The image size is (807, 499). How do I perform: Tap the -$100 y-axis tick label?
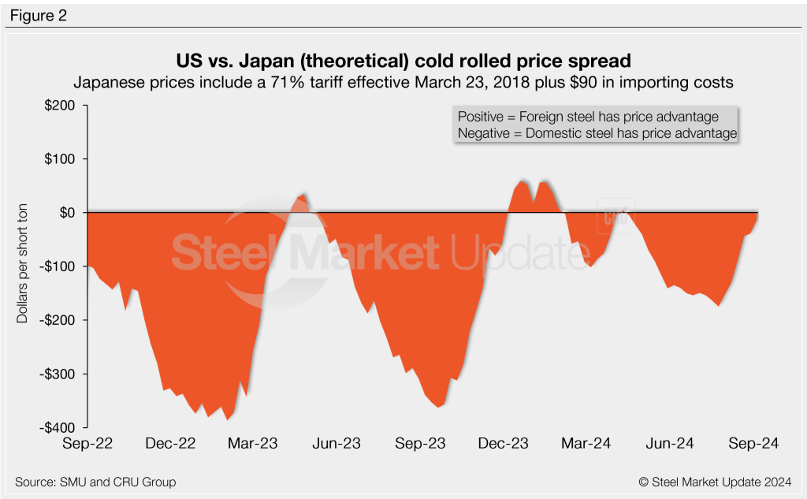point(64,266)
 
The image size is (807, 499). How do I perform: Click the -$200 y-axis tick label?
point(64,320)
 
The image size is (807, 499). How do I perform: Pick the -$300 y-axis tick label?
point(64,374)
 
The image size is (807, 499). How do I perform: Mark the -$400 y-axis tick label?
point(64,427)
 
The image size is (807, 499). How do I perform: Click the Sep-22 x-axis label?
point(87,444)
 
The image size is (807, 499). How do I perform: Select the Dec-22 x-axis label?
point(170,444)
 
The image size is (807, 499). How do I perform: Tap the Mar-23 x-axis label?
point(252,444)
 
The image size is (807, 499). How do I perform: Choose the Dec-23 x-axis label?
point(502,444)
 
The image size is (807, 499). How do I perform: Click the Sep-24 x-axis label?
point(752,444)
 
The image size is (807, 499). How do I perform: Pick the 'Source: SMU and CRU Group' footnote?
point(95,482)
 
